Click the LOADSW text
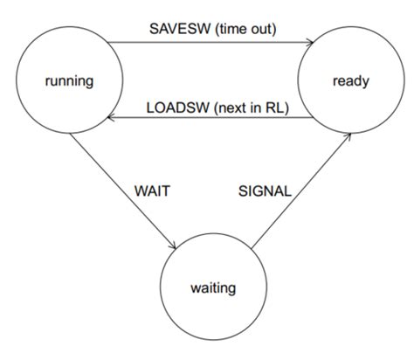pos(172,109)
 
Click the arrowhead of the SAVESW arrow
pos(311,40)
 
